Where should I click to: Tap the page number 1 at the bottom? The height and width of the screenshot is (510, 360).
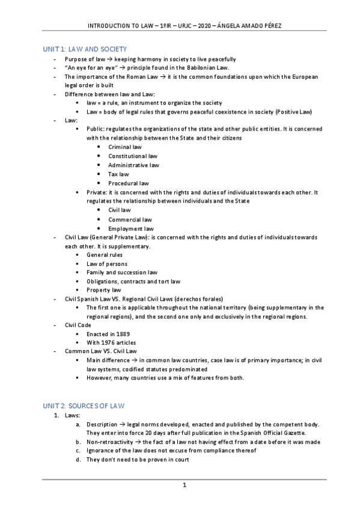coord(185,485)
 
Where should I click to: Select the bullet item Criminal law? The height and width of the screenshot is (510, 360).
coord(125,147)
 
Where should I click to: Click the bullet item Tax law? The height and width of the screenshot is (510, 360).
coord(118,174)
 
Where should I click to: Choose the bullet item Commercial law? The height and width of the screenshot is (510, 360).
coord(130,220)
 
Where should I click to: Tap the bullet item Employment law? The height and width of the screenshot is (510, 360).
coord(130,229)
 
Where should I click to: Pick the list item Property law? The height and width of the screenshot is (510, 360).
coord(103,290)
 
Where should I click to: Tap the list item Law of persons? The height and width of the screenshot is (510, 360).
coord(107,263)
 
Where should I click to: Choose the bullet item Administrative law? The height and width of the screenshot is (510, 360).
coord(133,165)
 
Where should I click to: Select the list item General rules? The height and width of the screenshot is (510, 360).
coord(105,255)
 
